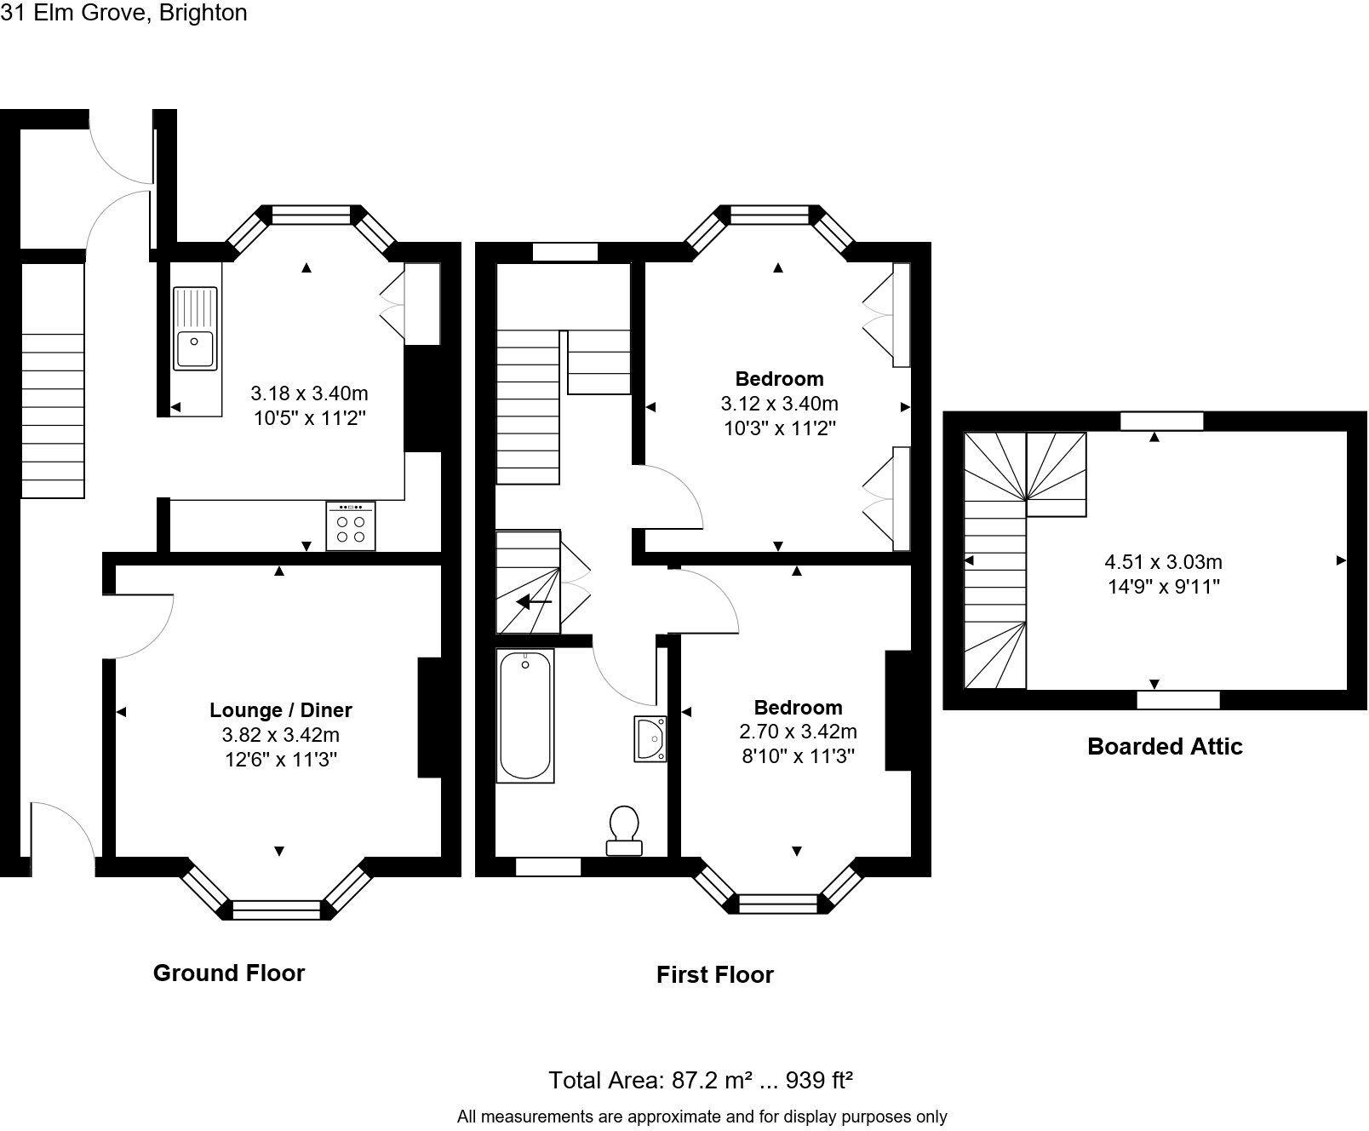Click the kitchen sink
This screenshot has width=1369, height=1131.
pos(196,329)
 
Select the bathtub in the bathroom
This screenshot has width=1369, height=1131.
pos(525,715)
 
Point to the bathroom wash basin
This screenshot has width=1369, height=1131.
pos(650,738)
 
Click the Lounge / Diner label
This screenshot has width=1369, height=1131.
pos(281,709)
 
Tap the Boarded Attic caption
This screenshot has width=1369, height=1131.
pos(1165,746)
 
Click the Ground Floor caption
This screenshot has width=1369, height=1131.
pos(228,973)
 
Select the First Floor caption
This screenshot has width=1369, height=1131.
pos(714,974)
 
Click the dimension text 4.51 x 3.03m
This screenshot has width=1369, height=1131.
pos(1163,562)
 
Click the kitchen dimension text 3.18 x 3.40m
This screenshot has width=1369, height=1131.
pos(309,393)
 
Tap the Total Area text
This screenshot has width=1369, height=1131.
pos(700,1080)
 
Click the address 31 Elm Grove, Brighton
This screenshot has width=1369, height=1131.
pos(124,13)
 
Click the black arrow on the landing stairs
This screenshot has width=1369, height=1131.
pos(535,602)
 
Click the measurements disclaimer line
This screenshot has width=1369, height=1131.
pos(702,1116)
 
